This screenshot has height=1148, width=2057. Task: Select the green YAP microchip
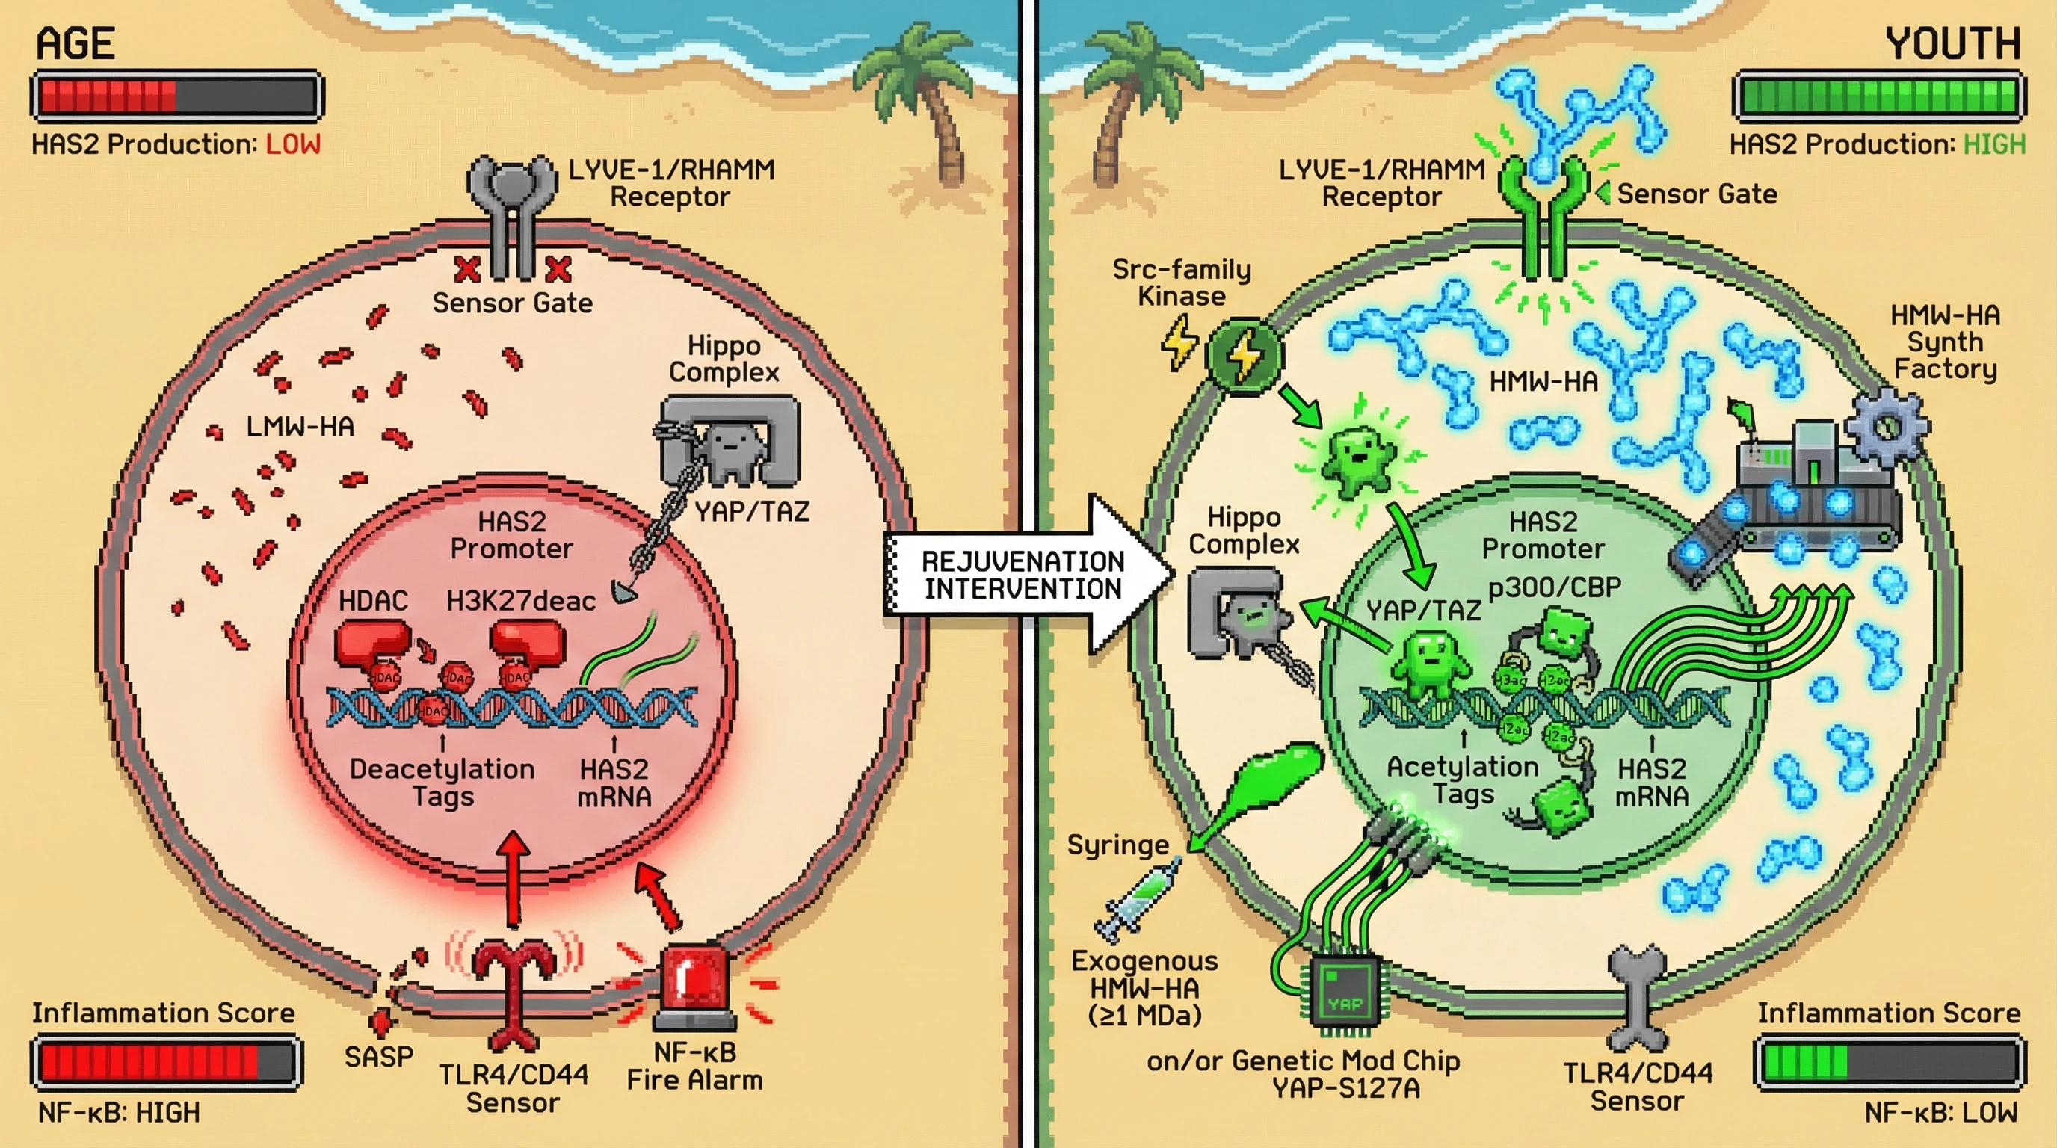pos(1345,994)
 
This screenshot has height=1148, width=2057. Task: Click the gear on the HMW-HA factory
pos(1886,427)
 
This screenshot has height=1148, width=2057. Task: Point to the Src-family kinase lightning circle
pos(1243,356)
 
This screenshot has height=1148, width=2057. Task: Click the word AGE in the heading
pos(75,44)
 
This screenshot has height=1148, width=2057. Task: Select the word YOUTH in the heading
pos(1953,44)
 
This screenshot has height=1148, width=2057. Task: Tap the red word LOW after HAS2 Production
pos(293,144)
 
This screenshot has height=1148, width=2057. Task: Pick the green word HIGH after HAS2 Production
pos(1994,144)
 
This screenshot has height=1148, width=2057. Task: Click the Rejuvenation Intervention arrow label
pos(1023,575)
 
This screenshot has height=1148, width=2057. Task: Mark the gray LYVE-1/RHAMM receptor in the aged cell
pos(511,212)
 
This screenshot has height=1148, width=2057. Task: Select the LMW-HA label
pos(300,427)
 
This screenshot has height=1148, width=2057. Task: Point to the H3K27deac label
pos(521,601)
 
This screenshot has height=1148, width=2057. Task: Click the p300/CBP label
pos(1554,588)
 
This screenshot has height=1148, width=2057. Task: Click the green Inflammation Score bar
pos(1889,1063)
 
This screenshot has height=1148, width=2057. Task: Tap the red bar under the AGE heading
pos(176,96)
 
